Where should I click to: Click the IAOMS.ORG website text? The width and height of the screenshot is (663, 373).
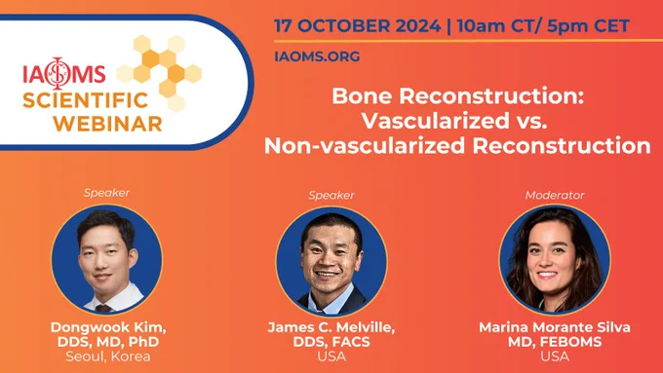pos(317,56)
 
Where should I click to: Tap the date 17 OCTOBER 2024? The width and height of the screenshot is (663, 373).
pos(358,26)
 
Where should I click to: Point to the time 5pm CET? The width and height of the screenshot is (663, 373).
pos(588,26)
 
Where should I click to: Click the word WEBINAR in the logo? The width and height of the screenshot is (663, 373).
pos(107,125)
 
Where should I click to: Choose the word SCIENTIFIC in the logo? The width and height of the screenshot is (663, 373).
pos(86,100)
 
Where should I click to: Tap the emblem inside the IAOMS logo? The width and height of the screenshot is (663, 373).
pos(58,73)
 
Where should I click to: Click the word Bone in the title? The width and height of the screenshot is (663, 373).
pos(362,95)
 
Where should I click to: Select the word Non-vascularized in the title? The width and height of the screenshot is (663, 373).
pos(365,146)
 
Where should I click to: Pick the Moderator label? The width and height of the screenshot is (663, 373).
pos(555,195)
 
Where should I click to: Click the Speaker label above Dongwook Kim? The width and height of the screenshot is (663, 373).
pos(106,193)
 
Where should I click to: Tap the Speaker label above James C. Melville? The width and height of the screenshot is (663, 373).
pos(331,195)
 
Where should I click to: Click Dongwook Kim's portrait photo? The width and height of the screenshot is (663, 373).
pos(106,259)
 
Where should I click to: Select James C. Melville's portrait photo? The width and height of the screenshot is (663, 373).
pos(331,261)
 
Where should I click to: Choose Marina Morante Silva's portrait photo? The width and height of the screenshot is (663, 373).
pos(555,260)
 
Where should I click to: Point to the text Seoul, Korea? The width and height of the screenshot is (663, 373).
pos(108,356)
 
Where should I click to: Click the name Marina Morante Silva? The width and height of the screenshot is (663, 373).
pos(555,327)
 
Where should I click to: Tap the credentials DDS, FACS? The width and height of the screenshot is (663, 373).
pos(331,342)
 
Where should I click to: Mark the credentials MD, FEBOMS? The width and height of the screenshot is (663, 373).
pos(555,342)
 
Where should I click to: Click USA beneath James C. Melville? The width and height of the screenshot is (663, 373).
pos(331,356)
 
